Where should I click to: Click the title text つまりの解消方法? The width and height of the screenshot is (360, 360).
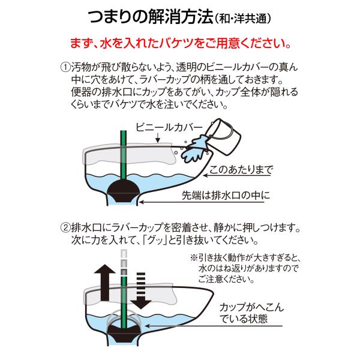[151, 17]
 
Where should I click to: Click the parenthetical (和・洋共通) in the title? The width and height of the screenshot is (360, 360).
[242, 19]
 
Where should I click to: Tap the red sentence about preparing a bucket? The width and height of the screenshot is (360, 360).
[180, 43]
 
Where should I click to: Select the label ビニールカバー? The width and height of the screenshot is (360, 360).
[169, 127]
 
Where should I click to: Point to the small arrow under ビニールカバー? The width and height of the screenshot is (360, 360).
[158, 138]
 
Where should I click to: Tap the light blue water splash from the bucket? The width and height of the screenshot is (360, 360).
[194, 149]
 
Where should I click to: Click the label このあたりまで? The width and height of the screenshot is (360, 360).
[241, 170]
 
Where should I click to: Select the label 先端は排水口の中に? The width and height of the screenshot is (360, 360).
[226, 196]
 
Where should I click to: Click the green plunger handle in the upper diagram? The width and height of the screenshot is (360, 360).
[124, 156]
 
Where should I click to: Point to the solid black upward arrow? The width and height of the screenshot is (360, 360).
[105, 283]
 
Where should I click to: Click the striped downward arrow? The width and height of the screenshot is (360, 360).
[141, 290]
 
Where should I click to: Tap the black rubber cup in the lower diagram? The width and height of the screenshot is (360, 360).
[124, 330]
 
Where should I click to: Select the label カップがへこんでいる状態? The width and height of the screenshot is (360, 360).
[251, 313]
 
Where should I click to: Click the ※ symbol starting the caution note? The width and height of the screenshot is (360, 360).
[194, 258]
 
